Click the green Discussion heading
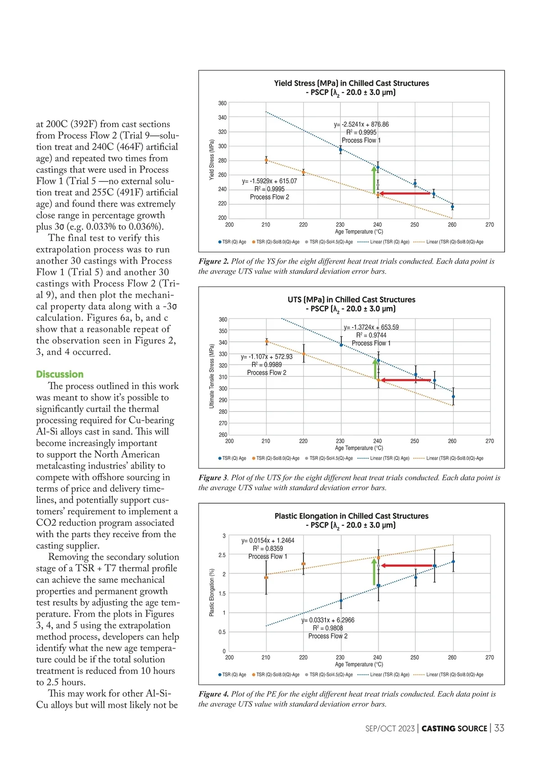pos(60,374)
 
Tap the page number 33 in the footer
pos(499,728)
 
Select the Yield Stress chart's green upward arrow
pos(374,180)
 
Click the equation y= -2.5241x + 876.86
pos(361,124)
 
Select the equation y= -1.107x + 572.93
pos(266,356)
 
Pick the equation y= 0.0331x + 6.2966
pos(328,620)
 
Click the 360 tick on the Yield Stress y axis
pos(222,103)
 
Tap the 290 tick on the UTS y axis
pos(223,400)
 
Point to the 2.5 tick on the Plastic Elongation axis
pos(222,555)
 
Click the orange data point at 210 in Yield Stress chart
pos(266,160)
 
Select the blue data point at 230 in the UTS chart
pos(341,345)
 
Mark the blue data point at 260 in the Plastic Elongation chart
pos(453,561)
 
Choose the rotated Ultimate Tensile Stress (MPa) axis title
pos(211,376)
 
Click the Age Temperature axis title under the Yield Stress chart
pos(359,232)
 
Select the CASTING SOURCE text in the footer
pos(454,729)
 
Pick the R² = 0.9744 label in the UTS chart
pos(371,335)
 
